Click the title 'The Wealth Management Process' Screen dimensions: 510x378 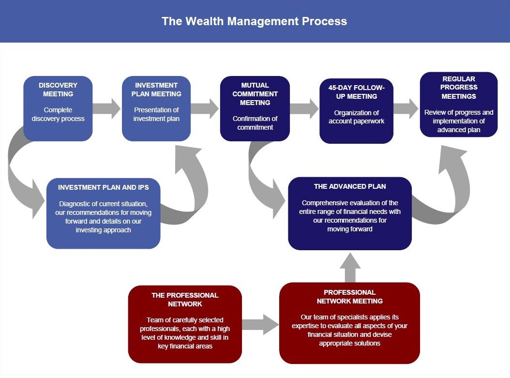click(255, 21)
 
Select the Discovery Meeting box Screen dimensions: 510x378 click(58, 108)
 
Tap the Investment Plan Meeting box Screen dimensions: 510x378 click(156, 108)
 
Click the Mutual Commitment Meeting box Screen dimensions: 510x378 click(255, 108)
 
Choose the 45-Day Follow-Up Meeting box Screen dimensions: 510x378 click(357, 111)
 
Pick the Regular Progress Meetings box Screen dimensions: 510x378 click(459, 105)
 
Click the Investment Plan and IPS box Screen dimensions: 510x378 click(104, 213)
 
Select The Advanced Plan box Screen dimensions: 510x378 click(350, 213)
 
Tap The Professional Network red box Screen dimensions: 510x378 click(185, 324)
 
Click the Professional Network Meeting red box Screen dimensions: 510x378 click(350, 323)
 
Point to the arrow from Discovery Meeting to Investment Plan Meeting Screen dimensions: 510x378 click(106, 108)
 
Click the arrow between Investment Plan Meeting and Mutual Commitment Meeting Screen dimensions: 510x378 click(205, 108)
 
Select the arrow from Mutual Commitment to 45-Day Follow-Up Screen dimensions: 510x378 click(304, 108)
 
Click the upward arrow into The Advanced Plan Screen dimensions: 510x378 click(350, 267)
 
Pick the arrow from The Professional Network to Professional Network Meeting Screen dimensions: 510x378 click(260, 324)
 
